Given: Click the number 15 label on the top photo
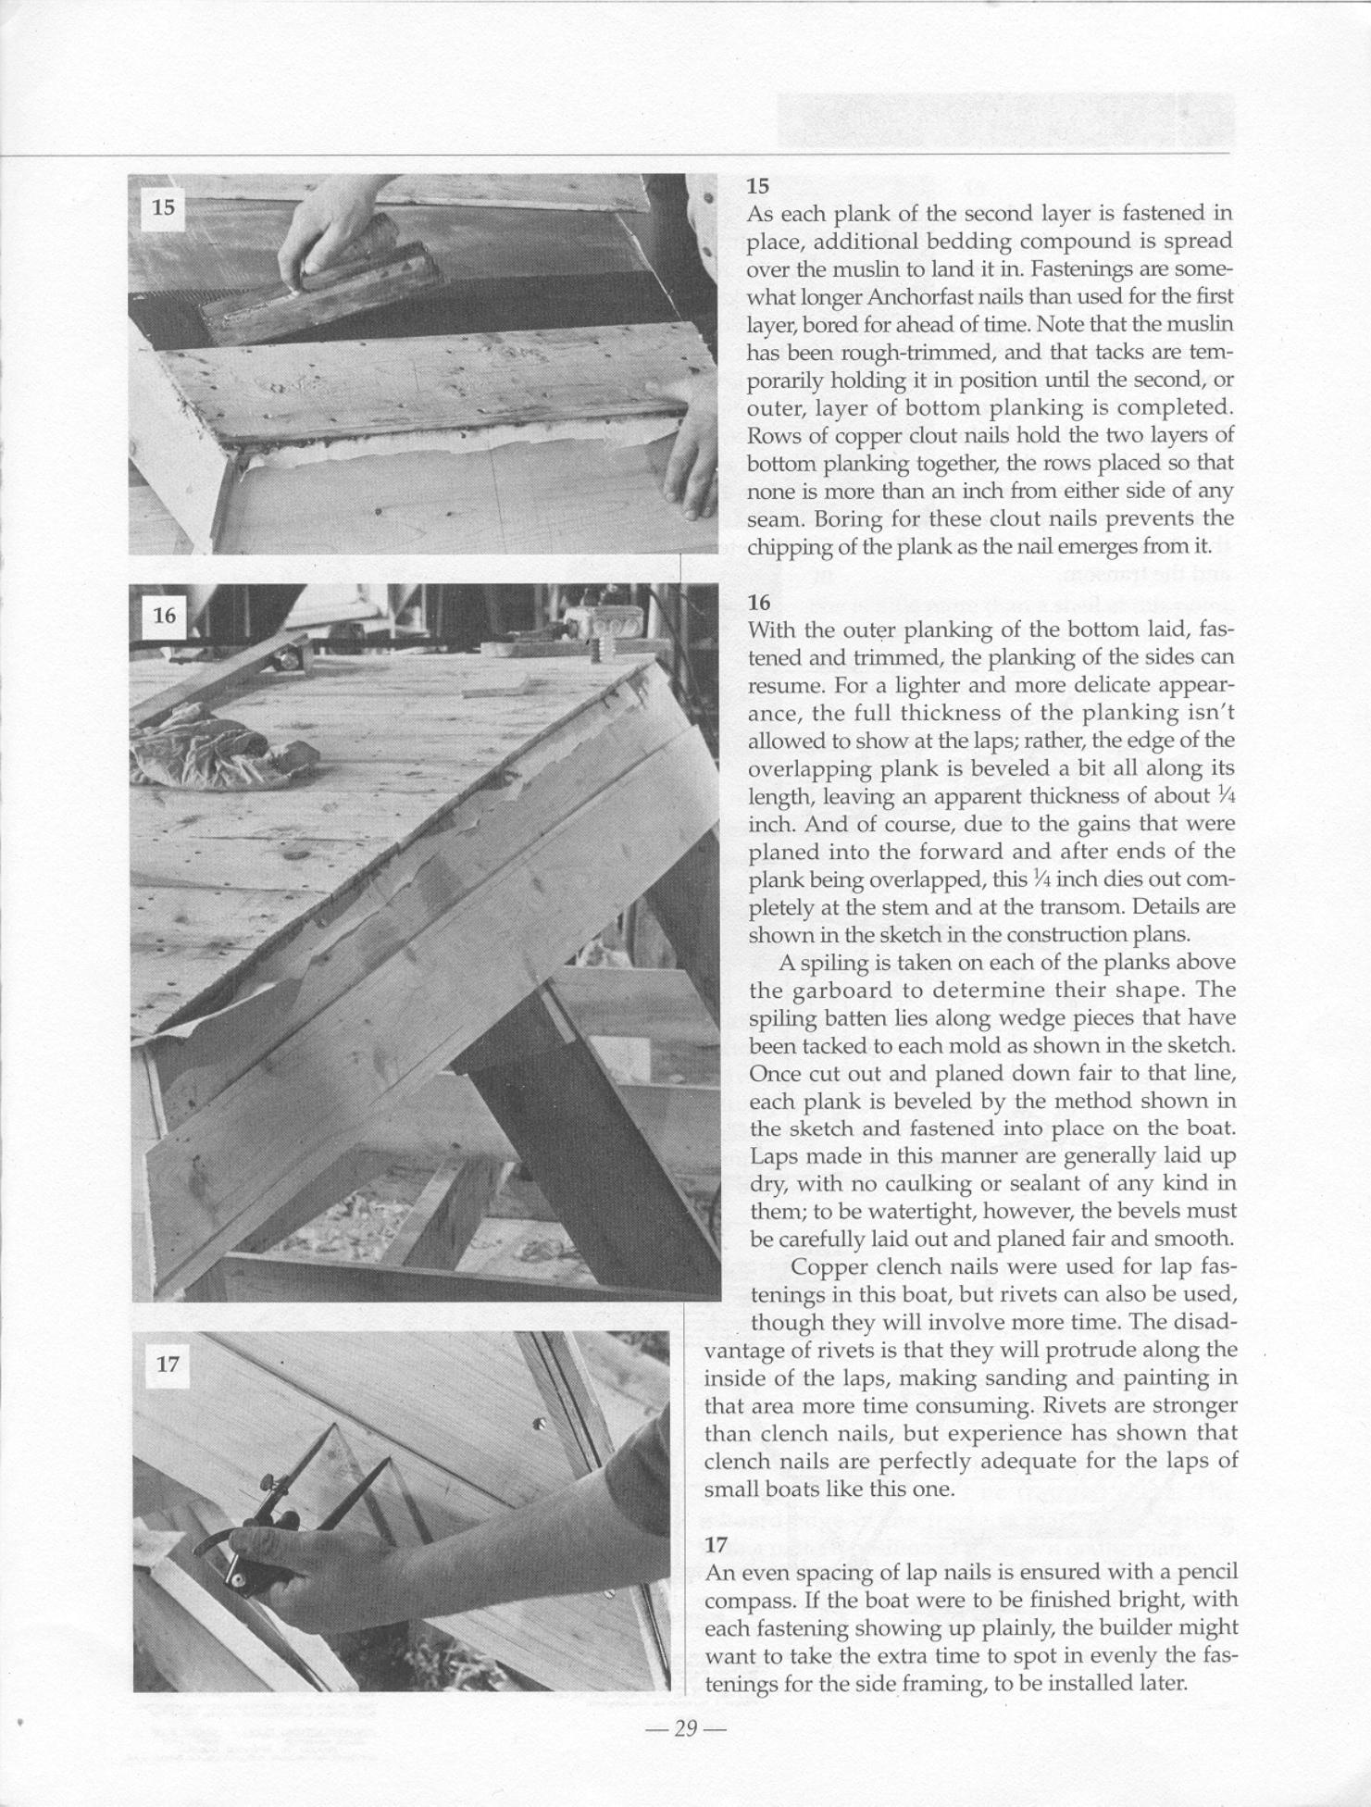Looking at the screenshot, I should [x=163, y=207].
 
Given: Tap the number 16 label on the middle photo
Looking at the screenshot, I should [x=164, y=615].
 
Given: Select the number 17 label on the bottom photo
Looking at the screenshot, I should [x=167, y=1364].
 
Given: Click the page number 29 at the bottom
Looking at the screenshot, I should [x=685, y=1727].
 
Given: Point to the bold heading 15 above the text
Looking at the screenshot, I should [x=758, y=186].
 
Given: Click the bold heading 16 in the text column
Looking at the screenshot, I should [x=759, y=603].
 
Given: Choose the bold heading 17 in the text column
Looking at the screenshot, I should [x=716, y=1544].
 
